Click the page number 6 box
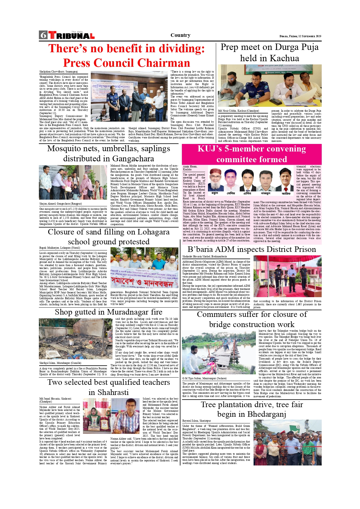[x=43, y=35]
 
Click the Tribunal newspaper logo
[x=72, y=35]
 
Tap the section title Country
[x=180, y=35]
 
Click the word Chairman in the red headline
[x=164, y=63]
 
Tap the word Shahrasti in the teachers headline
[x=108, y=392]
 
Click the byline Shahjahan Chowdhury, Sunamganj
[x=59, y=71]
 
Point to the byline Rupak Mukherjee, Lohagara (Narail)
[x=59, y=248]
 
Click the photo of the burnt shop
[x=75, y=339]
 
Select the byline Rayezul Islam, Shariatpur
[x=196, y=420]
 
